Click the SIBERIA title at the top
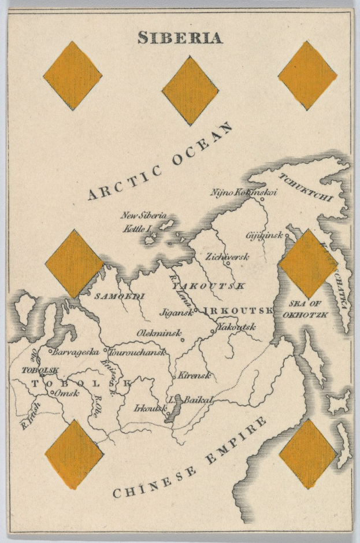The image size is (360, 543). [180, 38]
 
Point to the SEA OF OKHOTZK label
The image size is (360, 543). [306, 310]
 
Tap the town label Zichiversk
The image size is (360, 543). [227, 256]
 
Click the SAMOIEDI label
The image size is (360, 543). [120, 296]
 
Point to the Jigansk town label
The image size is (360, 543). [178, 311]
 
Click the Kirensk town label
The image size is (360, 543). [194, 376]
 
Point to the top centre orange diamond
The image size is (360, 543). [190, 90]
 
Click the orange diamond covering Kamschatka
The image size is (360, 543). [308, 264]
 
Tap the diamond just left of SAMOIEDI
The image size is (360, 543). [74, 264]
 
